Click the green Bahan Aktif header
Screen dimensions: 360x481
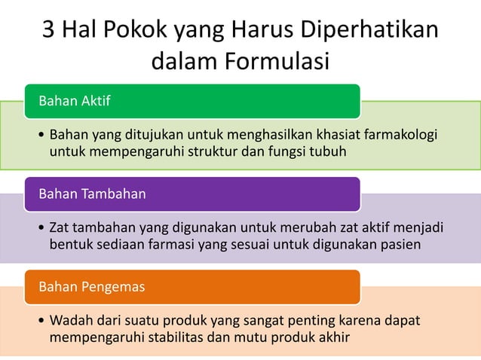(192, 101)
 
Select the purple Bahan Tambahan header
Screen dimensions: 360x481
(192, 194)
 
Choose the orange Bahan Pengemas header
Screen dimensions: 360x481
(192, 287)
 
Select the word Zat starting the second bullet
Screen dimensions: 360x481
(59, 227)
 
